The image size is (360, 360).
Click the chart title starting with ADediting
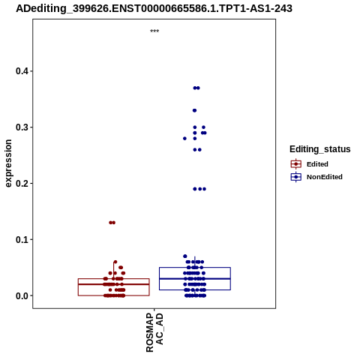154,8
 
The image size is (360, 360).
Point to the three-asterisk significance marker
154,31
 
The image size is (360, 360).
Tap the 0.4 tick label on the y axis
21,71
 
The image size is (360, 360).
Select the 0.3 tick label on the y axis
21,127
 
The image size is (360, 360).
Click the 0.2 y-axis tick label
21,183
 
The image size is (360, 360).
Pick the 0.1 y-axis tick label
21,239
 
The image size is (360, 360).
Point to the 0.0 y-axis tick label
21,295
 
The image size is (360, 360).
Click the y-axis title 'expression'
8,163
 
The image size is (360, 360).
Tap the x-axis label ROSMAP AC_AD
154,332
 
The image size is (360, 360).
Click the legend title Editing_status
320,149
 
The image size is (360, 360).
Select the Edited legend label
317,164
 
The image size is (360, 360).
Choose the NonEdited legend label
325,177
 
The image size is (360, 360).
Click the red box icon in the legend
296,164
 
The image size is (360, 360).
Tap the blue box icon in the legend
296,177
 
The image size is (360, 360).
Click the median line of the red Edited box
114,284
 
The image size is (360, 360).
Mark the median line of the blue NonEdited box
195,278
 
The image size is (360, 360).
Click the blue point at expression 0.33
194,110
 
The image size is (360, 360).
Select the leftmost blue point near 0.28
184,139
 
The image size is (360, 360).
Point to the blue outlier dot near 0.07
185,256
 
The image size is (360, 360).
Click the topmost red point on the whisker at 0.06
115,262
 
